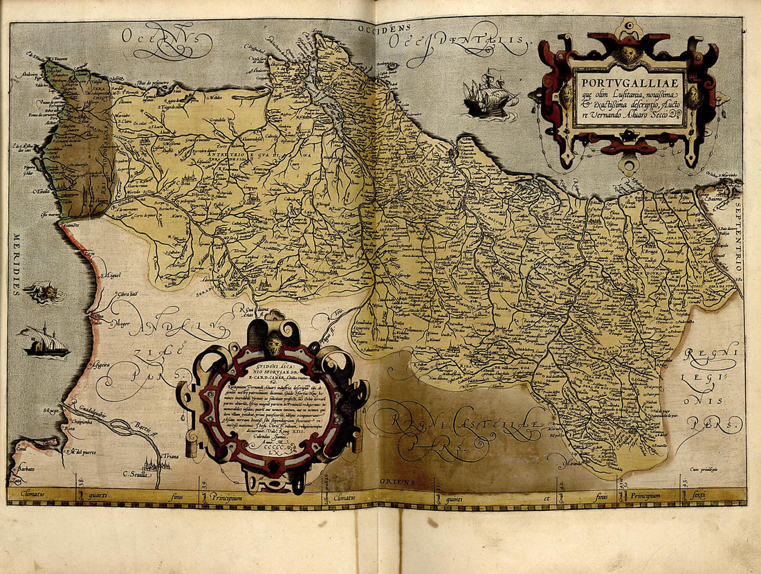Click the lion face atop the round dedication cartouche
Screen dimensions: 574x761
coord(275,343)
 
